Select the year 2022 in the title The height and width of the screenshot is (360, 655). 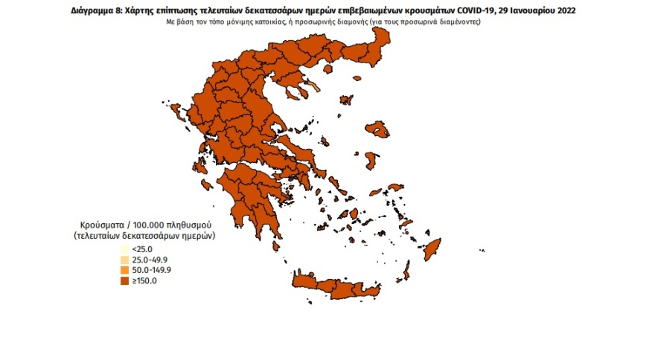point(563,12)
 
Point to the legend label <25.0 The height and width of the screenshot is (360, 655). point(141,249)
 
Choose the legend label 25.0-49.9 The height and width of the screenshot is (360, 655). point(147,260)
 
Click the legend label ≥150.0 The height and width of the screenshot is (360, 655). point(144,280)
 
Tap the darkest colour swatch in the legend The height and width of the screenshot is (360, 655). point(124,280)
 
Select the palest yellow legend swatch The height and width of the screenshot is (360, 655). point(124,249)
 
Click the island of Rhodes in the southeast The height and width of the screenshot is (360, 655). point(431,249)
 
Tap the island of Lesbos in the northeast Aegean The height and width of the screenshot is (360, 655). point(380,129)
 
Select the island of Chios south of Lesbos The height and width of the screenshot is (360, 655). point(371,161)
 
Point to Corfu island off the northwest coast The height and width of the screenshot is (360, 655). point(178,113)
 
